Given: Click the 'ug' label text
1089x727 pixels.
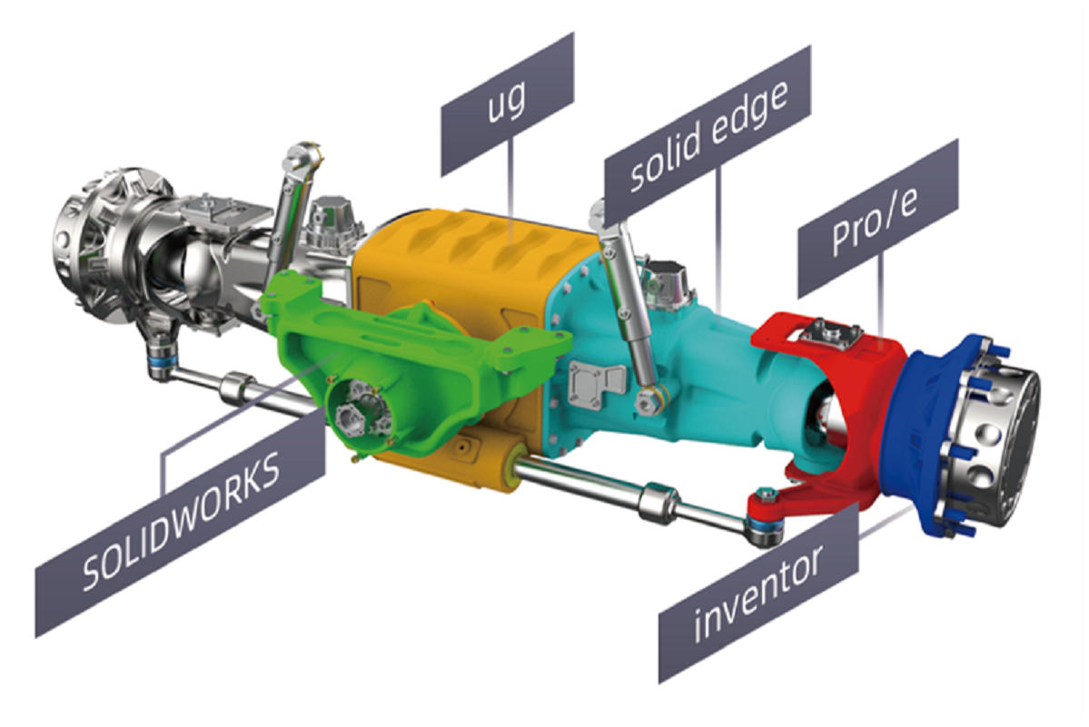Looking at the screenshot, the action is coord(508,103).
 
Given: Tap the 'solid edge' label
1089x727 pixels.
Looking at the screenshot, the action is coord(708,137).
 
